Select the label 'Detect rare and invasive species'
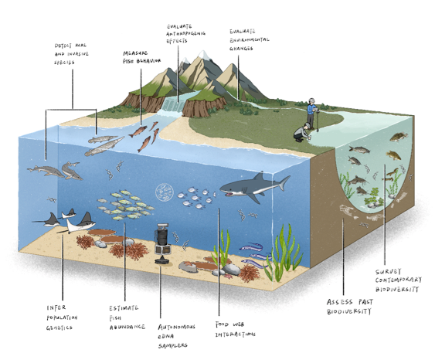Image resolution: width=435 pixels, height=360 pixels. (71, 54)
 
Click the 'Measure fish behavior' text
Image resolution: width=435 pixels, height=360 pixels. (141, 57)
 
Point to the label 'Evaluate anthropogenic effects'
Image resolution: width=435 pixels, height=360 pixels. (185, 33)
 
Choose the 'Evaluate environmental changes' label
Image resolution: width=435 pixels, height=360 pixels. (249, 39)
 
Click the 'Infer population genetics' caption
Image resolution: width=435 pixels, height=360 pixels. (62, 318)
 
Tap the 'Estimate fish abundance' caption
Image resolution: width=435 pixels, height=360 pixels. (127, 318)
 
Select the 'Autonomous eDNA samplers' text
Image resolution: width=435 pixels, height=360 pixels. (176, 336)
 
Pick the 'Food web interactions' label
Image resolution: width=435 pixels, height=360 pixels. (235, 329)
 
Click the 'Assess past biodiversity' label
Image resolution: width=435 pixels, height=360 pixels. (349, 307)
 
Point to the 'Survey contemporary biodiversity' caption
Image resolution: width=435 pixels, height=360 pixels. (399, 280)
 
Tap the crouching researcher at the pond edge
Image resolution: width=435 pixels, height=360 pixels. (302, 133)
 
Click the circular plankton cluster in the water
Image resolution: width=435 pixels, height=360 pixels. (165, 192)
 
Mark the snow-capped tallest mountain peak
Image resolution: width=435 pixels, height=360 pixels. (204, 56)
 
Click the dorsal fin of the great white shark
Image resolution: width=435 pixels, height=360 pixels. (259, 176)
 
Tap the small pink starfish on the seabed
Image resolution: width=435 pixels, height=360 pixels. (228, 276)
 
